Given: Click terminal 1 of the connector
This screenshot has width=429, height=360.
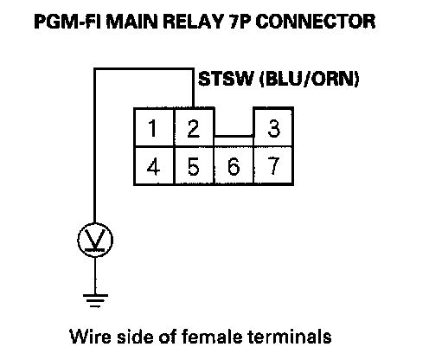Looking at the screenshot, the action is click(x=154, y=127).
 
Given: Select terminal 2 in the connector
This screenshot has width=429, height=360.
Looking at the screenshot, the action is click(x=194, y=127).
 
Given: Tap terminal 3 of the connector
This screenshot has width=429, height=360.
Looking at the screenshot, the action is click(x=273, y=127).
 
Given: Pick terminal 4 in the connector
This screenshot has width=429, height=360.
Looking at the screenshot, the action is click(x=154, y=166).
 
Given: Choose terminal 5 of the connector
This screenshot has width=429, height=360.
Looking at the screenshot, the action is click(x=194, y=166).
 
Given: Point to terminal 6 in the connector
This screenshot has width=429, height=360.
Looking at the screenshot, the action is click(x=234, y=166).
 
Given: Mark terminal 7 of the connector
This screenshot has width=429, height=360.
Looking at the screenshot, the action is click(x=273, y=166).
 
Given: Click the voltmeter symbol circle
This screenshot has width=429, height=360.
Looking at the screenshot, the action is click(x=95, y=240).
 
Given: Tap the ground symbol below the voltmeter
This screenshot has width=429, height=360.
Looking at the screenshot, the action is click(x=95, y=301).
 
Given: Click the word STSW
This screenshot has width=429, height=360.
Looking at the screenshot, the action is click(x=226, y=79).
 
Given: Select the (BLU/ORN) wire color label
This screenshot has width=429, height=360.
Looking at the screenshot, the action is click(x=310, y=79).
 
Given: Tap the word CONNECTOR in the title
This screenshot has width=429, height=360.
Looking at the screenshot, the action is click(x=316, y=22).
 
